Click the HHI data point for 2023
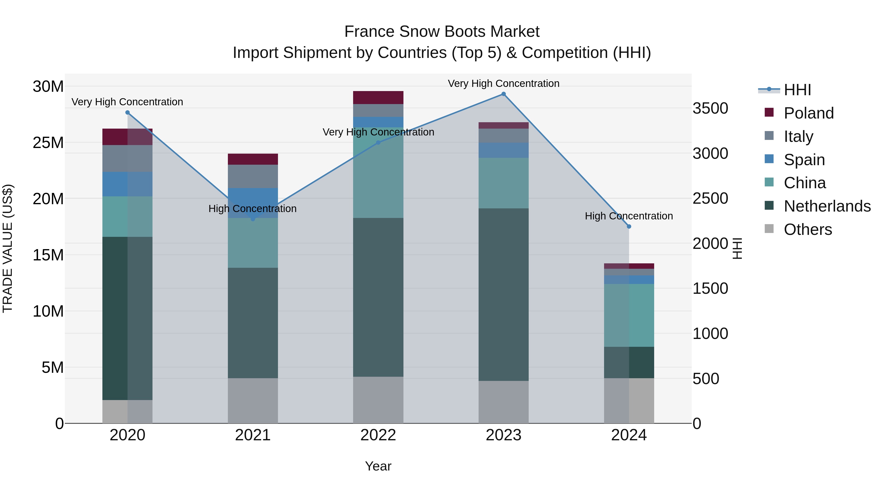pos(503,94)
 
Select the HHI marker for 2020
pos(127,112)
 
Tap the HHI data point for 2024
pos(629,226)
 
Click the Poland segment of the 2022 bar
pos(378,97)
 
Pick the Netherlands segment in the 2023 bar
pos(503,294)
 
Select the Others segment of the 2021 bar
pos(253,401)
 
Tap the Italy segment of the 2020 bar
pos(127,159)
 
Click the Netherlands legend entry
pos(827,206)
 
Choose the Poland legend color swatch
pos(769,112)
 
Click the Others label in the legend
pos(808,229)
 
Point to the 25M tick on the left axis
pos(48,143)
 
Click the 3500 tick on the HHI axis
pos(710,108)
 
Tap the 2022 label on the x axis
pos(378,435)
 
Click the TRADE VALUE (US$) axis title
pos(8,248)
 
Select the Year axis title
pos(378,466)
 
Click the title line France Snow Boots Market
pos(442,32)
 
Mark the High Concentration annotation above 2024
pos(629,216)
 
